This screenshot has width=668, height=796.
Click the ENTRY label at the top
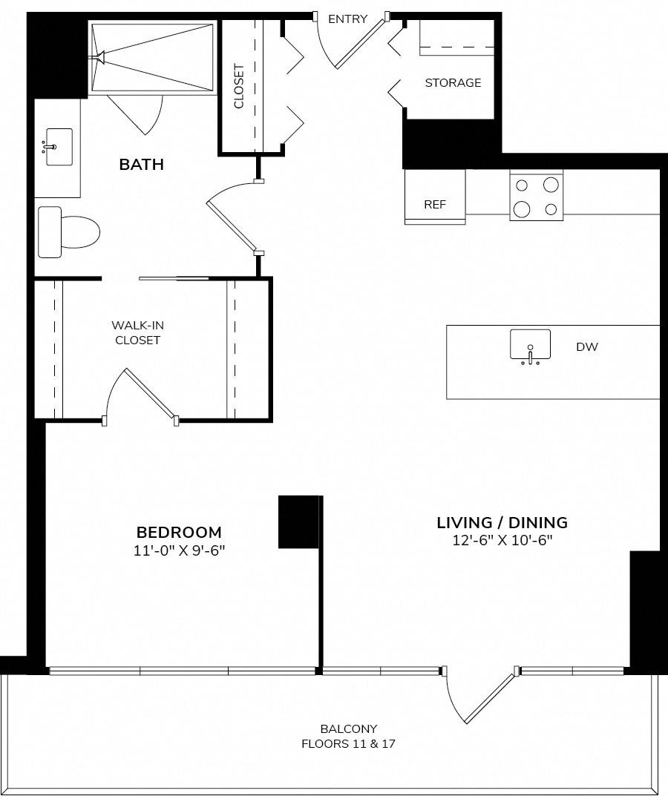click(347, 19)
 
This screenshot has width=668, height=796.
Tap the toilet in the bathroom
click(69, 232)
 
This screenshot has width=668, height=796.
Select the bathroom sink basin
click(59, 147)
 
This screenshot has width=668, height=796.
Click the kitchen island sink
click(531, 345)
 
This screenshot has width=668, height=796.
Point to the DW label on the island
click(586, 347)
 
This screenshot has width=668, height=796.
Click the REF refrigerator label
click(435, 205)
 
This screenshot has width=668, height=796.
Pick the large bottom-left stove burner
click(522, 208)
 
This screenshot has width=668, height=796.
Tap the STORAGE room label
click(453, 83)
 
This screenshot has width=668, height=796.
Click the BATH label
click(141, 165)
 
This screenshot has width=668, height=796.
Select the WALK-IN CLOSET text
click(137, 332)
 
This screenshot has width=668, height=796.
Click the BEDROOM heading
click(179, 532)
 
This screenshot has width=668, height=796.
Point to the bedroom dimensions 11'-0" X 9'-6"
click(179, 550)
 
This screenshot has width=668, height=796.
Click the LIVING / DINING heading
click(502, 522)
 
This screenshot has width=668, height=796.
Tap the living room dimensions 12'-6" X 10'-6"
click(502, 540)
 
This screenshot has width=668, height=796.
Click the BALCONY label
click(349, 729)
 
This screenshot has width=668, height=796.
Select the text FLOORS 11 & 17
click(349, 744)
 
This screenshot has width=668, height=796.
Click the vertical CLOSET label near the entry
click(239, 86)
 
